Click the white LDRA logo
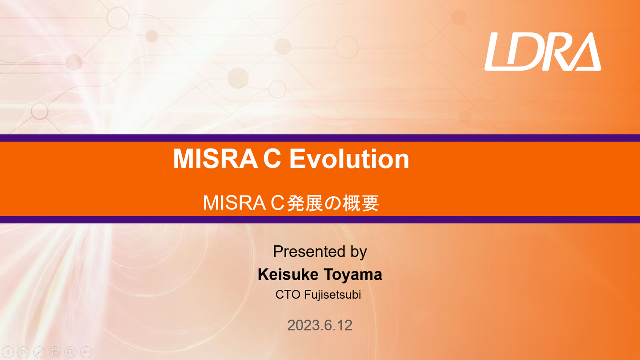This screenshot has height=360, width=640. tap(543, 52)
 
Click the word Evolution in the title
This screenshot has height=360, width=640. tap(349, 159)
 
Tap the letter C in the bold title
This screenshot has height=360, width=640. tap(272, 159)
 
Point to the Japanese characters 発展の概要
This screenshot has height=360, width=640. tap(333, 203)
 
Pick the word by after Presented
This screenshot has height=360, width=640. tap(358, 252)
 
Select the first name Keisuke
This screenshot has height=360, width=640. tap(288, 275)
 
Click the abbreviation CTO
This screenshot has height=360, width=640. tap(288, 295)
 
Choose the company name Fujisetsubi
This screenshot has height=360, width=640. tap(332, 295)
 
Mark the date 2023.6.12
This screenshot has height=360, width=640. tap(320, 325)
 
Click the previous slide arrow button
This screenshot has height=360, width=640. tap(8, 352)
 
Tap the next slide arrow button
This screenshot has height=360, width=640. tap(24, 352)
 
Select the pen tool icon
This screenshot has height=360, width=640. tap(39, 352)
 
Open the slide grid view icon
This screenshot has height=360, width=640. tap(55, 352)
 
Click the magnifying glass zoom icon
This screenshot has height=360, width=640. tap(70, 352)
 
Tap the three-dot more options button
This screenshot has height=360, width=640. tap(86, 352)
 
